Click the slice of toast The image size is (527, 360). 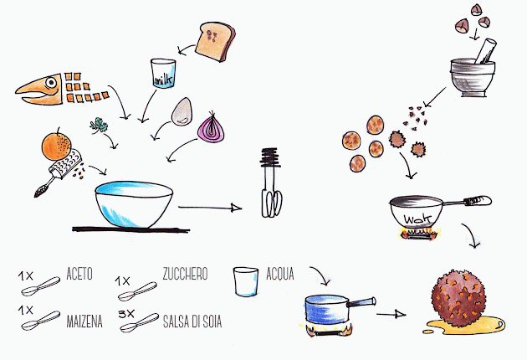tap(215, 41)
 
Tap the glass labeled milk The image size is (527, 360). tap(163, 74)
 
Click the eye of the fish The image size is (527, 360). tap(51, 82)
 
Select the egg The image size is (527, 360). tap(183, 111)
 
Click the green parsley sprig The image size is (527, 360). tap(99, 126)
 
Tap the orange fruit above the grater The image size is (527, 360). tap(57, 146)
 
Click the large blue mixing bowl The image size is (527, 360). tap(134, 204)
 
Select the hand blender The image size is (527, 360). tap(270, 182)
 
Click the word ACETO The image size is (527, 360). tap(79, 274)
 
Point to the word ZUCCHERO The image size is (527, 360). tap(185, 274)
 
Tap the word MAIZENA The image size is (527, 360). tap(84, 321)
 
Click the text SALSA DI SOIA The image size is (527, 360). tap(192, 321)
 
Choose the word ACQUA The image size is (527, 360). tap(280, 274)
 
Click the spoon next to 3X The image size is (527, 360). tap(139, 322)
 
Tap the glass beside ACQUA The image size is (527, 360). tap(246, 281)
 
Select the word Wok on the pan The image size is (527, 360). tap(417, 219)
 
